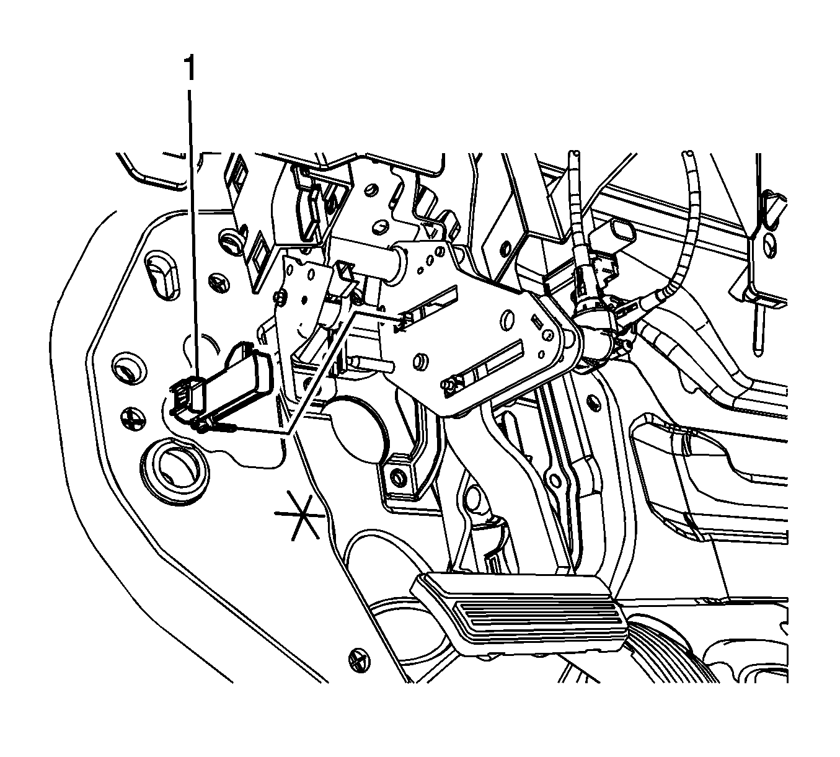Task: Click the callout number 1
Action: point(190,69)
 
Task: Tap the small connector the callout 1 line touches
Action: point(188,394)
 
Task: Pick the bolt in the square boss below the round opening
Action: point(396,476)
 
